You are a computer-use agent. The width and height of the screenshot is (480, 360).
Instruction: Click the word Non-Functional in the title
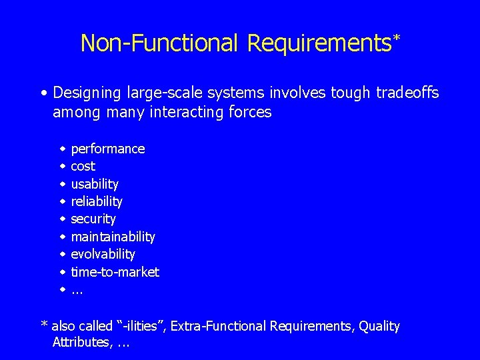(x=160, y=43)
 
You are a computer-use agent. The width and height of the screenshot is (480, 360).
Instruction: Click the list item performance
(x=107, y=149)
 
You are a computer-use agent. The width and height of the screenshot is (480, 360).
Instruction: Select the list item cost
(x=83, y=166)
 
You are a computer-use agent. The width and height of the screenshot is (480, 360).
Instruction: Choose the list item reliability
(x=96, y=201)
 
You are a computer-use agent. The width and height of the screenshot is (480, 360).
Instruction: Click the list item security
(x=93, y=219)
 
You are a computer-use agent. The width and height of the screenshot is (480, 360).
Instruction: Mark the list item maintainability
(x=113, y=237)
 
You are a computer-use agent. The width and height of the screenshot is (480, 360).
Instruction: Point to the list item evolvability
(x=103, y=254)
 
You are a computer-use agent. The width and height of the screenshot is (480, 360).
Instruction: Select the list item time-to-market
(x=115, y=272)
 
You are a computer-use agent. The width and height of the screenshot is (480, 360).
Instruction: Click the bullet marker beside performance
(x=61, y=149)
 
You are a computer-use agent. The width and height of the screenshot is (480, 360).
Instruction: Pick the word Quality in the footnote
(x=379, y=326)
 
